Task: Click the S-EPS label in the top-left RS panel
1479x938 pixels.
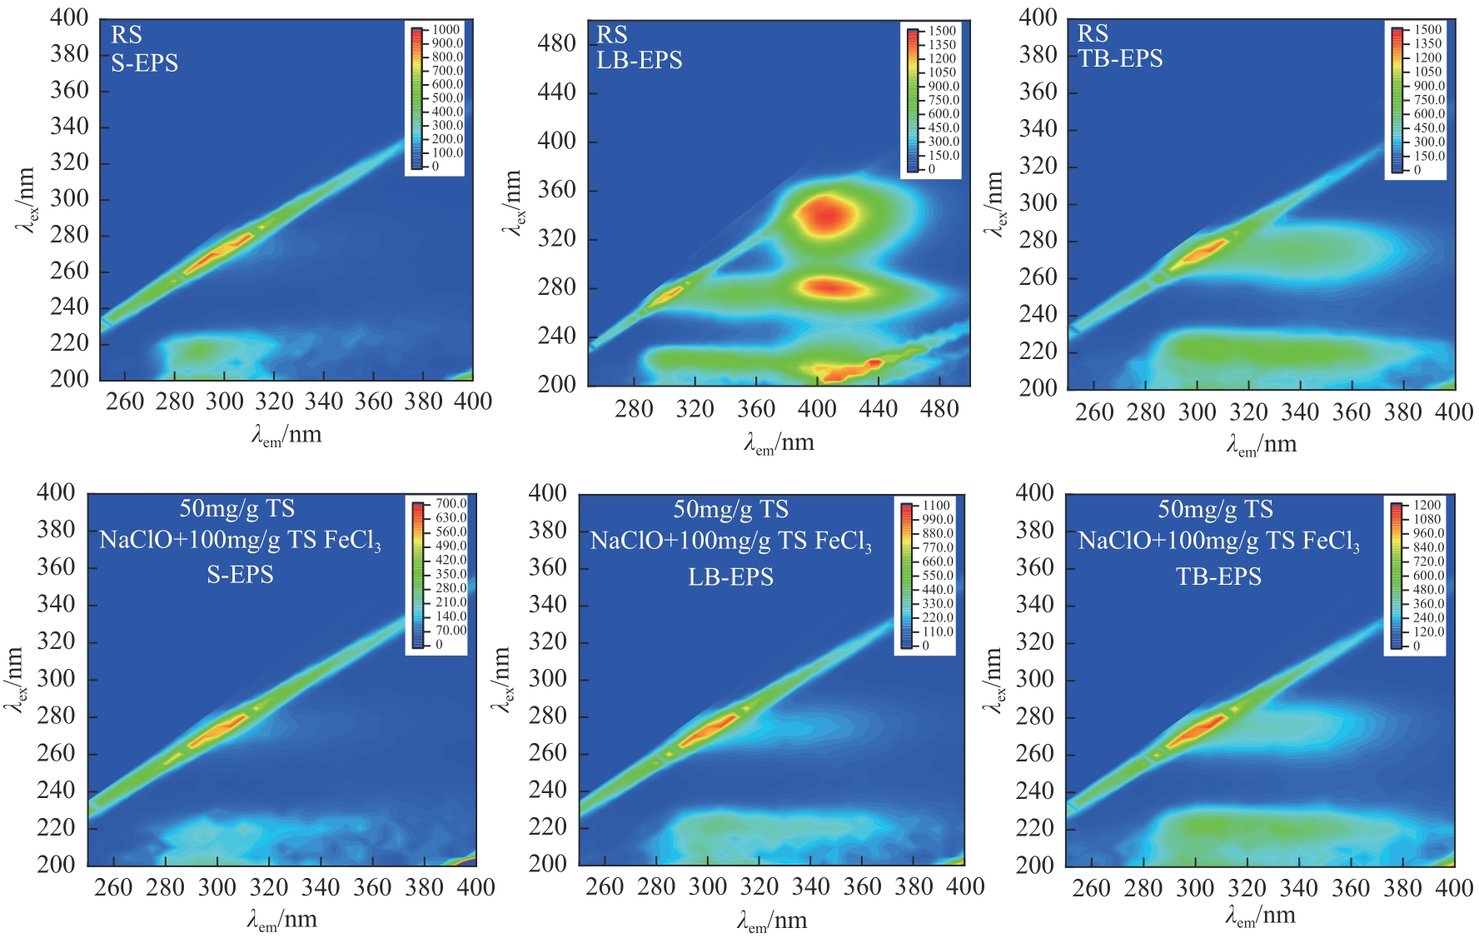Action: (144, 63)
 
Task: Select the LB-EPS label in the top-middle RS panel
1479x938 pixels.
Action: (640, 61)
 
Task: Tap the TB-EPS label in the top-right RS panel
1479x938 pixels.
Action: (1120, 59)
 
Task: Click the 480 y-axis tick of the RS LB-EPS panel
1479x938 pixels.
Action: (556, 43)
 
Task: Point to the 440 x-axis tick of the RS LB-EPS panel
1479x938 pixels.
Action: (878, 409)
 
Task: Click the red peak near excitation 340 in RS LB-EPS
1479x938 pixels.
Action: (825, 215)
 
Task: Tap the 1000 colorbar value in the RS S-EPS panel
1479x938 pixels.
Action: (446, 30)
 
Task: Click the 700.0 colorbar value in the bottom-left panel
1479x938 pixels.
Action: (451, 504)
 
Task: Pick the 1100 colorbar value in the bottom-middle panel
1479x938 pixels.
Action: (936, 506)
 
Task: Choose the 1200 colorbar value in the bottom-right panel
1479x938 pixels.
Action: (1427, 505)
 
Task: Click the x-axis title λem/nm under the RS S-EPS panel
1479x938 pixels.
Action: (286, 435)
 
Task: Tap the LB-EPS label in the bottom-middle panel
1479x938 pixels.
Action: (730, 577)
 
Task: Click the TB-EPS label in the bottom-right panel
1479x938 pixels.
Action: (1218, 576)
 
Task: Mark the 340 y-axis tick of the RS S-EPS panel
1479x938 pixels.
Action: (69, 127)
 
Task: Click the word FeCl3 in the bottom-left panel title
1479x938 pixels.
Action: (352, 541)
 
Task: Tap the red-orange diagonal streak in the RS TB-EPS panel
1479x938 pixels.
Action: (1200, 252)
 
